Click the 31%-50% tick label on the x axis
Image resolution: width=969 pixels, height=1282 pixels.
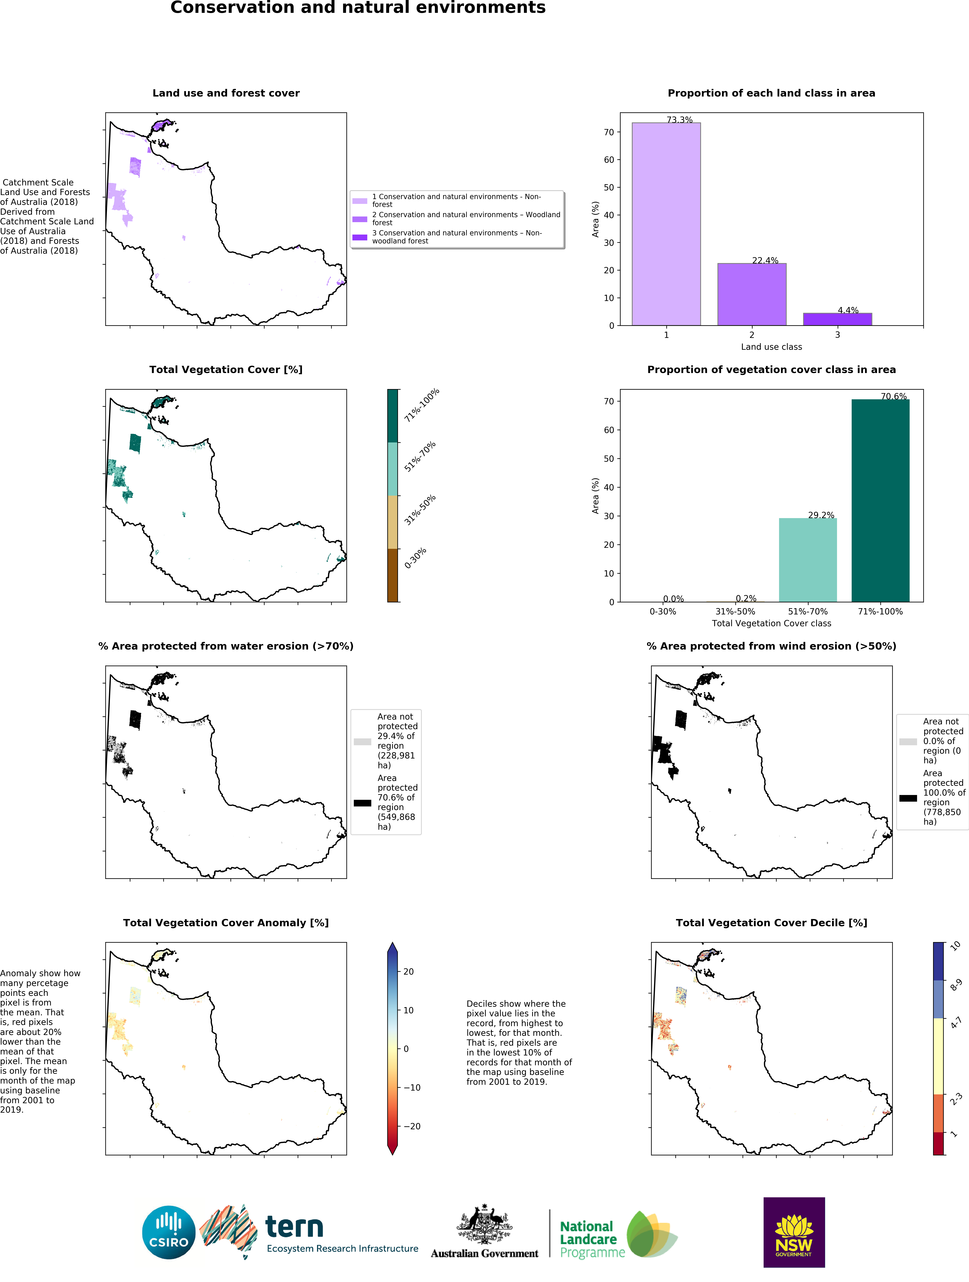click(x=735, y=611)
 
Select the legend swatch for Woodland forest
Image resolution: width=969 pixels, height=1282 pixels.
click(x=360, y=219)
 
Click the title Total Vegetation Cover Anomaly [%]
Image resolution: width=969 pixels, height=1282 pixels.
click(x=226, y=923)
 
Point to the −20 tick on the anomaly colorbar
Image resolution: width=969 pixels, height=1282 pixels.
click(x=412, y=1126)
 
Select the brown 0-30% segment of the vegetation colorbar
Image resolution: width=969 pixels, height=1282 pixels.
click(x=393, y=575)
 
